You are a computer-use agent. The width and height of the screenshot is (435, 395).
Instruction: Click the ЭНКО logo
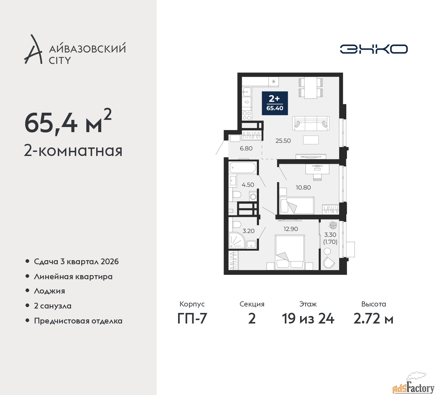pos(373,49)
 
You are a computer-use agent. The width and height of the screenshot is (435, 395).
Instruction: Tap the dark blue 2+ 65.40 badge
pos(275,103)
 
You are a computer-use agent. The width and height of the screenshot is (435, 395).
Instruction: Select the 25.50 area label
pos(283,141)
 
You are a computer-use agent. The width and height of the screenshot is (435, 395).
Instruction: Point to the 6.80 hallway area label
pos(246,148)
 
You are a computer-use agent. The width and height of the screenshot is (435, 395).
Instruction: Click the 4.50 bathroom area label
pos(248,185)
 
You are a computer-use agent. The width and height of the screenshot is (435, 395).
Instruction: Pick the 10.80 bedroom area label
pos(303,187)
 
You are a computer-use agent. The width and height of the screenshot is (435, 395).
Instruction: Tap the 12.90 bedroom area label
pos(291,229)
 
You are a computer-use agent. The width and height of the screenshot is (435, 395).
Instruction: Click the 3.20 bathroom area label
pos(248,231)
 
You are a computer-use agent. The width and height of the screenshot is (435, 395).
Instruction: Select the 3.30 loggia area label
pos(330,235)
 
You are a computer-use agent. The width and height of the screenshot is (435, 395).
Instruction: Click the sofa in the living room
pos(311,123)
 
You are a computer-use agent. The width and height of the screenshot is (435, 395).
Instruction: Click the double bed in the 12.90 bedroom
pos(290,252)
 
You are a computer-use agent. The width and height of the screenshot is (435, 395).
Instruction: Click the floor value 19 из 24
pos(308,319)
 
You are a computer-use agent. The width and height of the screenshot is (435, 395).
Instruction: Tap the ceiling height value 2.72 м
pos(373,319)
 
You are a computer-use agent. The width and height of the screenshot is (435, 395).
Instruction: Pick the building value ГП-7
pos(192,319)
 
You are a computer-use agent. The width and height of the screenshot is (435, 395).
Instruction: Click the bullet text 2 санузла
pos(53,306)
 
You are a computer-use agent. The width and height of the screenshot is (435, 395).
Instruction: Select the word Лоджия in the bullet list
pos(49,291)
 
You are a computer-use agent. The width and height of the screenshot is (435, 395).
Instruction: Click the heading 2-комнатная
pos(73,151)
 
